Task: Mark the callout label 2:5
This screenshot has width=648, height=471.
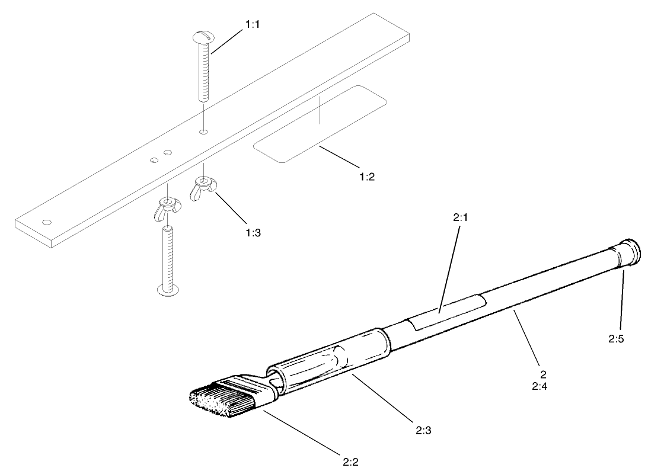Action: (x=615, y=339)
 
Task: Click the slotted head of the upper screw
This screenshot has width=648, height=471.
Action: (x=202, y=39)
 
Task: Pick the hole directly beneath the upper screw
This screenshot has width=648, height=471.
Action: (x=203, y=132)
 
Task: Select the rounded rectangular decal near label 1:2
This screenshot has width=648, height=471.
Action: (x=320, y=123)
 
